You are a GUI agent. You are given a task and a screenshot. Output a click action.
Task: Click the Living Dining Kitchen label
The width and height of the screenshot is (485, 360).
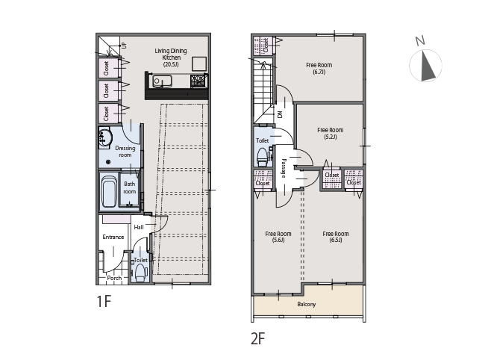click(x=171, y=58)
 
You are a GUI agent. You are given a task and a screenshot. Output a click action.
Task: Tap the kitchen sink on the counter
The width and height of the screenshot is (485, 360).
click(x=162, y=81)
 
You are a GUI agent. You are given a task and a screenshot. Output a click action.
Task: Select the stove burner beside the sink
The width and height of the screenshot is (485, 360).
click(x=198, y=81)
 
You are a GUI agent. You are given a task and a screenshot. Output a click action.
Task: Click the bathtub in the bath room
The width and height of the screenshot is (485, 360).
click(x=109, y=192)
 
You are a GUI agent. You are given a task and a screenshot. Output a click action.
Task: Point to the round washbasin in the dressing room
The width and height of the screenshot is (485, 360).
click(x=105, y=137)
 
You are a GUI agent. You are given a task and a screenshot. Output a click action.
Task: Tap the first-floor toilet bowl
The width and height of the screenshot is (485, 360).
click(x=141, y=273)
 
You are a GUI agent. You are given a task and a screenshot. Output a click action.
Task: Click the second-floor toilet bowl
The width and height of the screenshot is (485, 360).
click(x=263, y=157)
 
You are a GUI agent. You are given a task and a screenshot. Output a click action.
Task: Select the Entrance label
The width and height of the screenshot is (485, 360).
click(x=113, y=237)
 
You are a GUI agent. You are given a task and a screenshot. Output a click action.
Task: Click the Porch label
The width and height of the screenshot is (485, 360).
click(x=114, y=278)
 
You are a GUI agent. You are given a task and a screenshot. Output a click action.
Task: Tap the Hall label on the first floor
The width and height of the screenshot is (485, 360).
click(x=139, y=227)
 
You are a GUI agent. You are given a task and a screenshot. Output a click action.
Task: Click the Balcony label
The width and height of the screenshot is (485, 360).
click(x=307, y=304)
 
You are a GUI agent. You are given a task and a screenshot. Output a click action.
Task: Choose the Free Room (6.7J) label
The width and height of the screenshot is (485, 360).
click(x=319, y=69)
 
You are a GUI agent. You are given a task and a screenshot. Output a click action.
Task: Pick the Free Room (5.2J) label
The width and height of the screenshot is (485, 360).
click(x=331, y=133)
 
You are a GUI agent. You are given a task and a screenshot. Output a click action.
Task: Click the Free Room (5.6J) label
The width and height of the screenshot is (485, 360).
click(x=278, y=237)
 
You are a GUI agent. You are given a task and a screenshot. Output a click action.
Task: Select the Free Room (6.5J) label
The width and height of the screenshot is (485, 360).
click(x=336, y=237)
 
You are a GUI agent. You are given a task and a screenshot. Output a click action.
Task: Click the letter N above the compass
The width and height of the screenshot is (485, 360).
click(x=420, y=40)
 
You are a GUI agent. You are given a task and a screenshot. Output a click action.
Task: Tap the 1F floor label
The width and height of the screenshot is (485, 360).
click(x=104, y=301)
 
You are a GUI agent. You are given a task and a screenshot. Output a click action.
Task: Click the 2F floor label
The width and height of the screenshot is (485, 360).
click(x=258, y=338)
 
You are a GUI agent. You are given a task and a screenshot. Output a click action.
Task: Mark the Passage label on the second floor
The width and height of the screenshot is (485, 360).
click(x=284, y=168)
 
